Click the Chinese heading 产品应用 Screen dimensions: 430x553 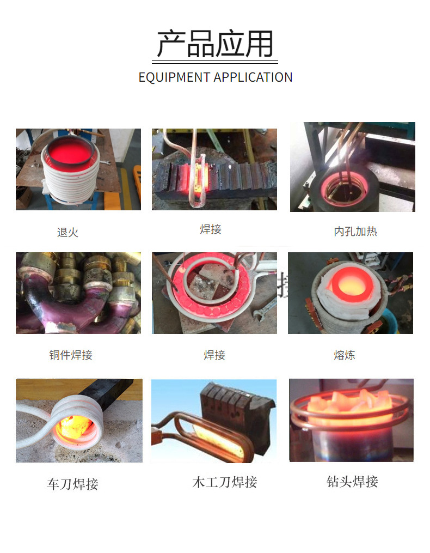(215, 44)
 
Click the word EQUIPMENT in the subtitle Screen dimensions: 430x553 (174, 77)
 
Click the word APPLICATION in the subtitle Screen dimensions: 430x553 (253, 77)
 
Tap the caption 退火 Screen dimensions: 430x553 (67, 233)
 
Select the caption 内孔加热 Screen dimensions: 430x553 (355, 232)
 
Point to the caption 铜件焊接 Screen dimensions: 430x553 (71, 355)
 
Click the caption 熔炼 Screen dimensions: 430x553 (345, 355)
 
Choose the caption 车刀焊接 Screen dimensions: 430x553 (72, 484)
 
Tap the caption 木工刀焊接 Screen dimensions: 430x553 (225, 482)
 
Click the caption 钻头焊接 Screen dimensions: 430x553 (352, 482)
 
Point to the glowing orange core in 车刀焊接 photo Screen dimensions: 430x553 (75, 428)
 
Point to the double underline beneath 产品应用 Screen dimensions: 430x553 (215, 62)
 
